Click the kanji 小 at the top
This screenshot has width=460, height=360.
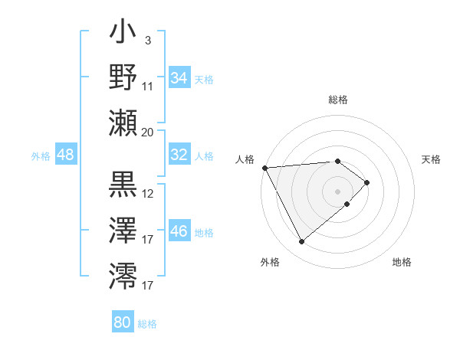point(123,35)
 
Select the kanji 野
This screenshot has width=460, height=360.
point(123,77)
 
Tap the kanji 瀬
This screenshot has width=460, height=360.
point(123,122)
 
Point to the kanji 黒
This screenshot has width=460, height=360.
point(123,184)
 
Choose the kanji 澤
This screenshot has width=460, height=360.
point(123,229)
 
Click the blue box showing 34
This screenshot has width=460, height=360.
point(179,78)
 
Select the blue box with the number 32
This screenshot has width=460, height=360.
point(179,155)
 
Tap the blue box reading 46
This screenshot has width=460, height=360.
point(179,231)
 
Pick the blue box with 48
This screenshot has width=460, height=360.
point(65,155)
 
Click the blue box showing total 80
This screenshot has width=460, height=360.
point(123,322)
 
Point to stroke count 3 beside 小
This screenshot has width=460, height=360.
point(146,40)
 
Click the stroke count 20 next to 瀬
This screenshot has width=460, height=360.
point(148,132)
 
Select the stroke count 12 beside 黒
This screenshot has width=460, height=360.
point(148,193)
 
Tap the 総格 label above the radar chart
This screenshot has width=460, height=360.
point(338,100)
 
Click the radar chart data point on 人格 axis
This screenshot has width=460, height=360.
point(264,168)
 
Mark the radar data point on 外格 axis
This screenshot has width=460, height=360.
point(301,242)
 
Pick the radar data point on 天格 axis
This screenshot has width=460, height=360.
point(368,182)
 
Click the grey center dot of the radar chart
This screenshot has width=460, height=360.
point(337,191)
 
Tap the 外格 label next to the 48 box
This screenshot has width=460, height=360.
point(40,156)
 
